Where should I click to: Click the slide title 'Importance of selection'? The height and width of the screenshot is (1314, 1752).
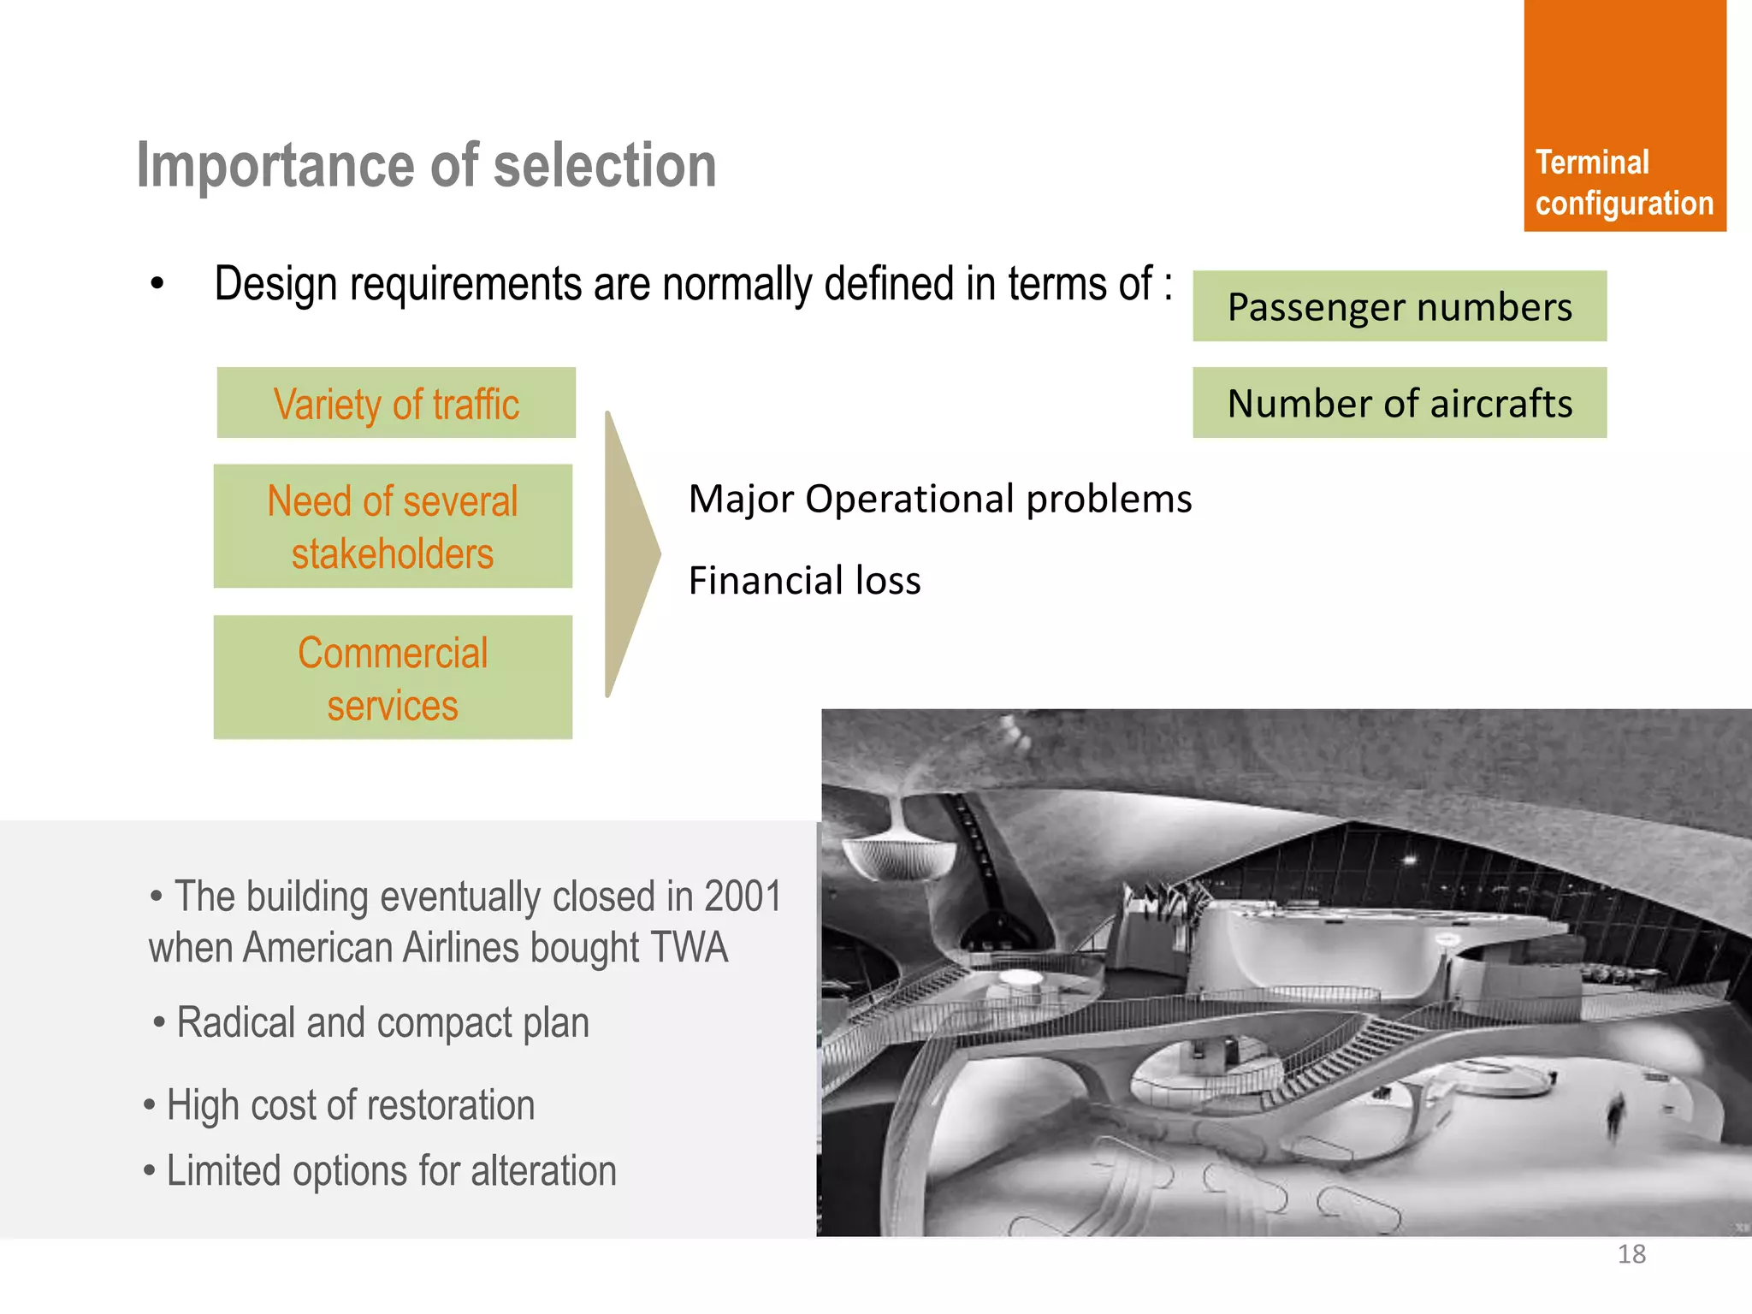[x=426, y=165]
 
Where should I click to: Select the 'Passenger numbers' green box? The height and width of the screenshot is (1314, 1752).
[x=1400, y=306]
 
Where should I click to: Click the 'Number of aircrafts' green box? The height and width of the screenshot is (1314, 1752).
[x=1400, y=403]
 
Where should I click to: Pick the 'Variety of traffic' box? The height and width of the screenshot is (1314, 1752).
[x=396, y=403]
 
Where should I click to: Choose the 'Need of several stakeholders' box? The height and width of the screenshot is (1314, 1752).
[x=393, y=526]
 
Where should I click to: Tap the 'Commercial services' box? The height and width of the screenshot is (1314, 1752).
[x=393, y=678]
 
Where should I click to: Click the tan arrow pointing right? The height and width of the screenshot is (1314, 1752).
[x=630, y=554]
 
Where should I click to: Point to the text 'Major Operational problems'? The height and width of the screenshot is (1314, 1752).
[x=939, y=499]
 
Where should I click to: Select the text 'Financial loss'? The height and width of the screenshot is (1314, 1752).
[x=804, y=581]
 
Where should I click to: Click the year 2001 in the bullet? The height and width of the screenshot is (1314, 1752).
[x=743, y=897]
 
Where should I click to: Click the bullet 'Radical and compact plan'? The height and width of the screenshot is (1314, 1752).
[x=382, y=1022]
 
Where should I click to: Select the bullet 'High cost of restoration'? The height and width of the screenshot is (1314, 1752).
[x=349, y=1104]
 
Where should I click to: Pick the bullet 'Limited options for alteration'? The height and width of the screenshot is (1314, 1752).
[x=390, y=1170]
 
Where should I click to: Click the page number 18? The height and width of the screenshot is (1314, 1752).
[x=1631, y=1254]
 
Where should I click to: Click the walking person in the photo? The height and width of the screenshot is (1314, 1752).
[x=1614, y=1116]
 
